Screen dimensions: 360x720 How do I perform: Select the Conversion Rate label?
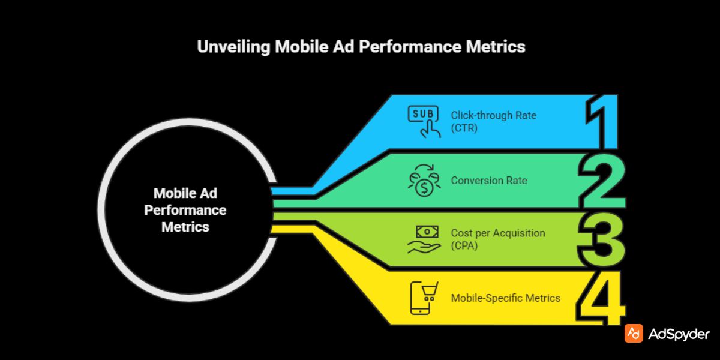click(489, 180)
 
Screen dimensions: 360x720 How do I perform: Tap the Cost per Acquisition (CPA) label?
click(498, 238)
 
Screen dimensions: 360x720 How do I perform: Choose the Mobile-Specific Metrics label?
click(505, 298)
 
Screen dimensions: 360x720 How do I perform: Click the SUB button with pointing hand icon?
click(424, 120)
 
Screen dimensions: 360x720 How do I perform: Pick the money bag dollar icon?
click(424, 181)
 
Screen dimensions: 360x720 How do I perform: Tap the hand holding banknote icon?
click(424, 238)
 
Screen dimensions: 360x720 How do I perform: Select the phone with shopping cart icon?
click(424, 298)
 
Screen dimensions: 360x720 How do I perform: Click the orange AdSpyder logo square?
click(634, 334)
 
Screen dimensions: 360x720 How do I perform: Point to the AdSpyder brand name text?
click(679, 334)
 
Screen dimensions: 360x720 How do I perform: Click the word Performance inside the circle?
click(185, 211)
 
